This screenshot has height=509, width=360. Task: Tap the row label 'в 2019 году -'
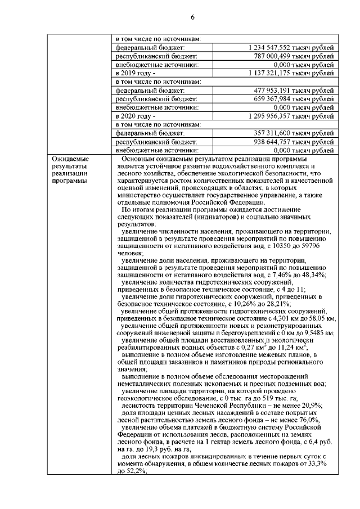click(135, 73)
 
